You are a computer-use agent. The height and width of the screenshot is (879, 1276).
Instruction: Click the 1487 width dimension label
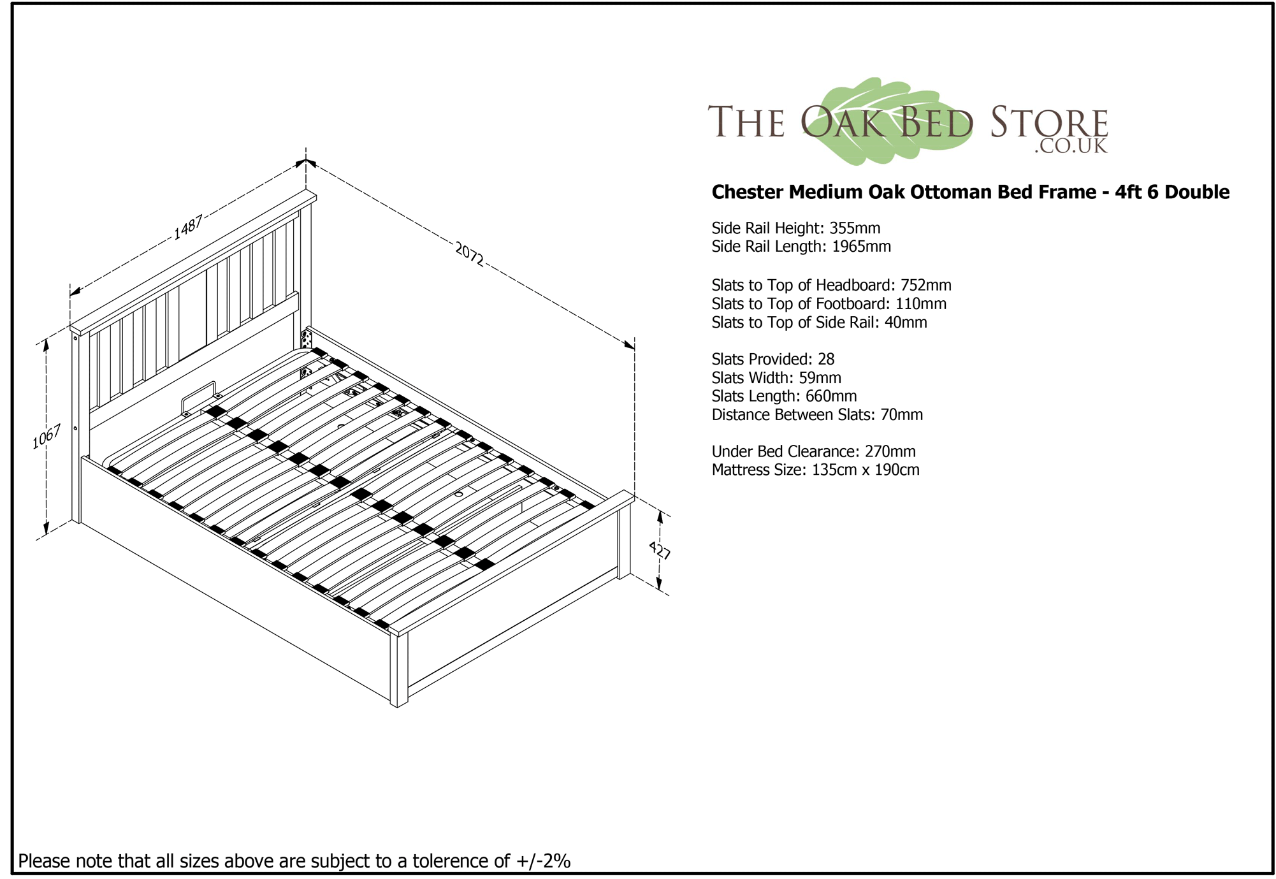188,228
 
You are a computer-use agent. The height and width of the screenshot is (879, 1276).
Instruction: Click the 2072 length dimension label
470,253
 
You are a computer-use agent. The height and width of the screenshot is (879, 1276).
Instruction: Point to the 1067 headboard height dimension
47,437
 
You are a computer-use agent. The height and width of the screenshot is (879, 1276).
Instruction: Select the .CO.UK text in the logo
1071,146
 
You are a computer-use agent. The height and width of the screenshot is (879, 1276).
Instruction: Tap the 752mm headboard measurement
925,285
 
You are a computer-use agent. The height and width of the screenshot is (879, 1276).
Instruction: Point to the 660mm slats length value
831,396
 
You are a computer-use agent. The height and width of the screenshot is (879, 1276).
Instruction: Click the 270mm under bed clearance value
890,451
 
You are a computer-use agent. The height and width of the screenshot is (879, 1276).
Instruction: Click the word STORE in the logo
1049,122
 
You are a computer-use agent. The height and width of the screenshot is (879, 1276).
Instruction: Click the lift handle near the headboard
199,398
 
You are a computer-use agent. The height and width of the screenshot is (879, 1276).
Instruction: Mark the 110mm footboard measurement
921,303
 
